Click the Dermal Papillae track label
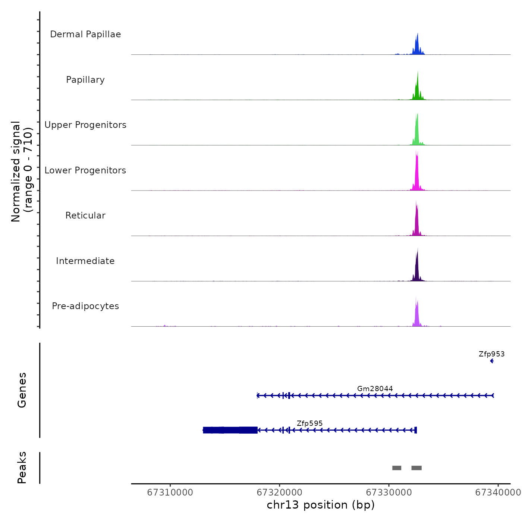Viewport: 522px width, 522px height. tap(85, 34)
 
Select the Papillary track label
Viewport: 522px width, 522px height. tap(85, 80)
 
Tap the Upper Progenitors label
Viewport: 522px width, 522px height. tap(85, 125)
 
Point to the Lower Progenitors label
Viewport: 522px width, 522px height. tap(85, 170)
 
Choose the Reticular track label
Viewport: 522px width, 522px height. tap(85, 216)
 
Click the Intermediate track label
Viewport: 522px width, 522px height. tap(85, 261)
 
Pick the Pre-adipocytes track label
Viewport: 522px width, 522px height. tap(85, 306)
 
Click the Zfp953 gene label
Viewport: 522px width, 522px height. tap(491, 354)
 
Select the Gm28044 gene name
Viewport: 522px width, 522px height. tap(375, 389)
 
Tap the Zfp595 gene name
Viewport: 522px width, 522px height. tap(309, 424)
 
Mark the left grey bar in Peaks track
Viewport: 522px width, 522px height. tap(397, 468)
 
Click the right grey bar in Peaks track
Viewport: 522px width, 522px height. tap(416, 468)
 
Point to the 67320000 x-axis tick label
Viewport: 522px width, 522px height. tap(280, 493)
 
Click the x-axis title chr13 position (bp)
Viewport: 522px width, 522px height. tap(321, 505)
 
